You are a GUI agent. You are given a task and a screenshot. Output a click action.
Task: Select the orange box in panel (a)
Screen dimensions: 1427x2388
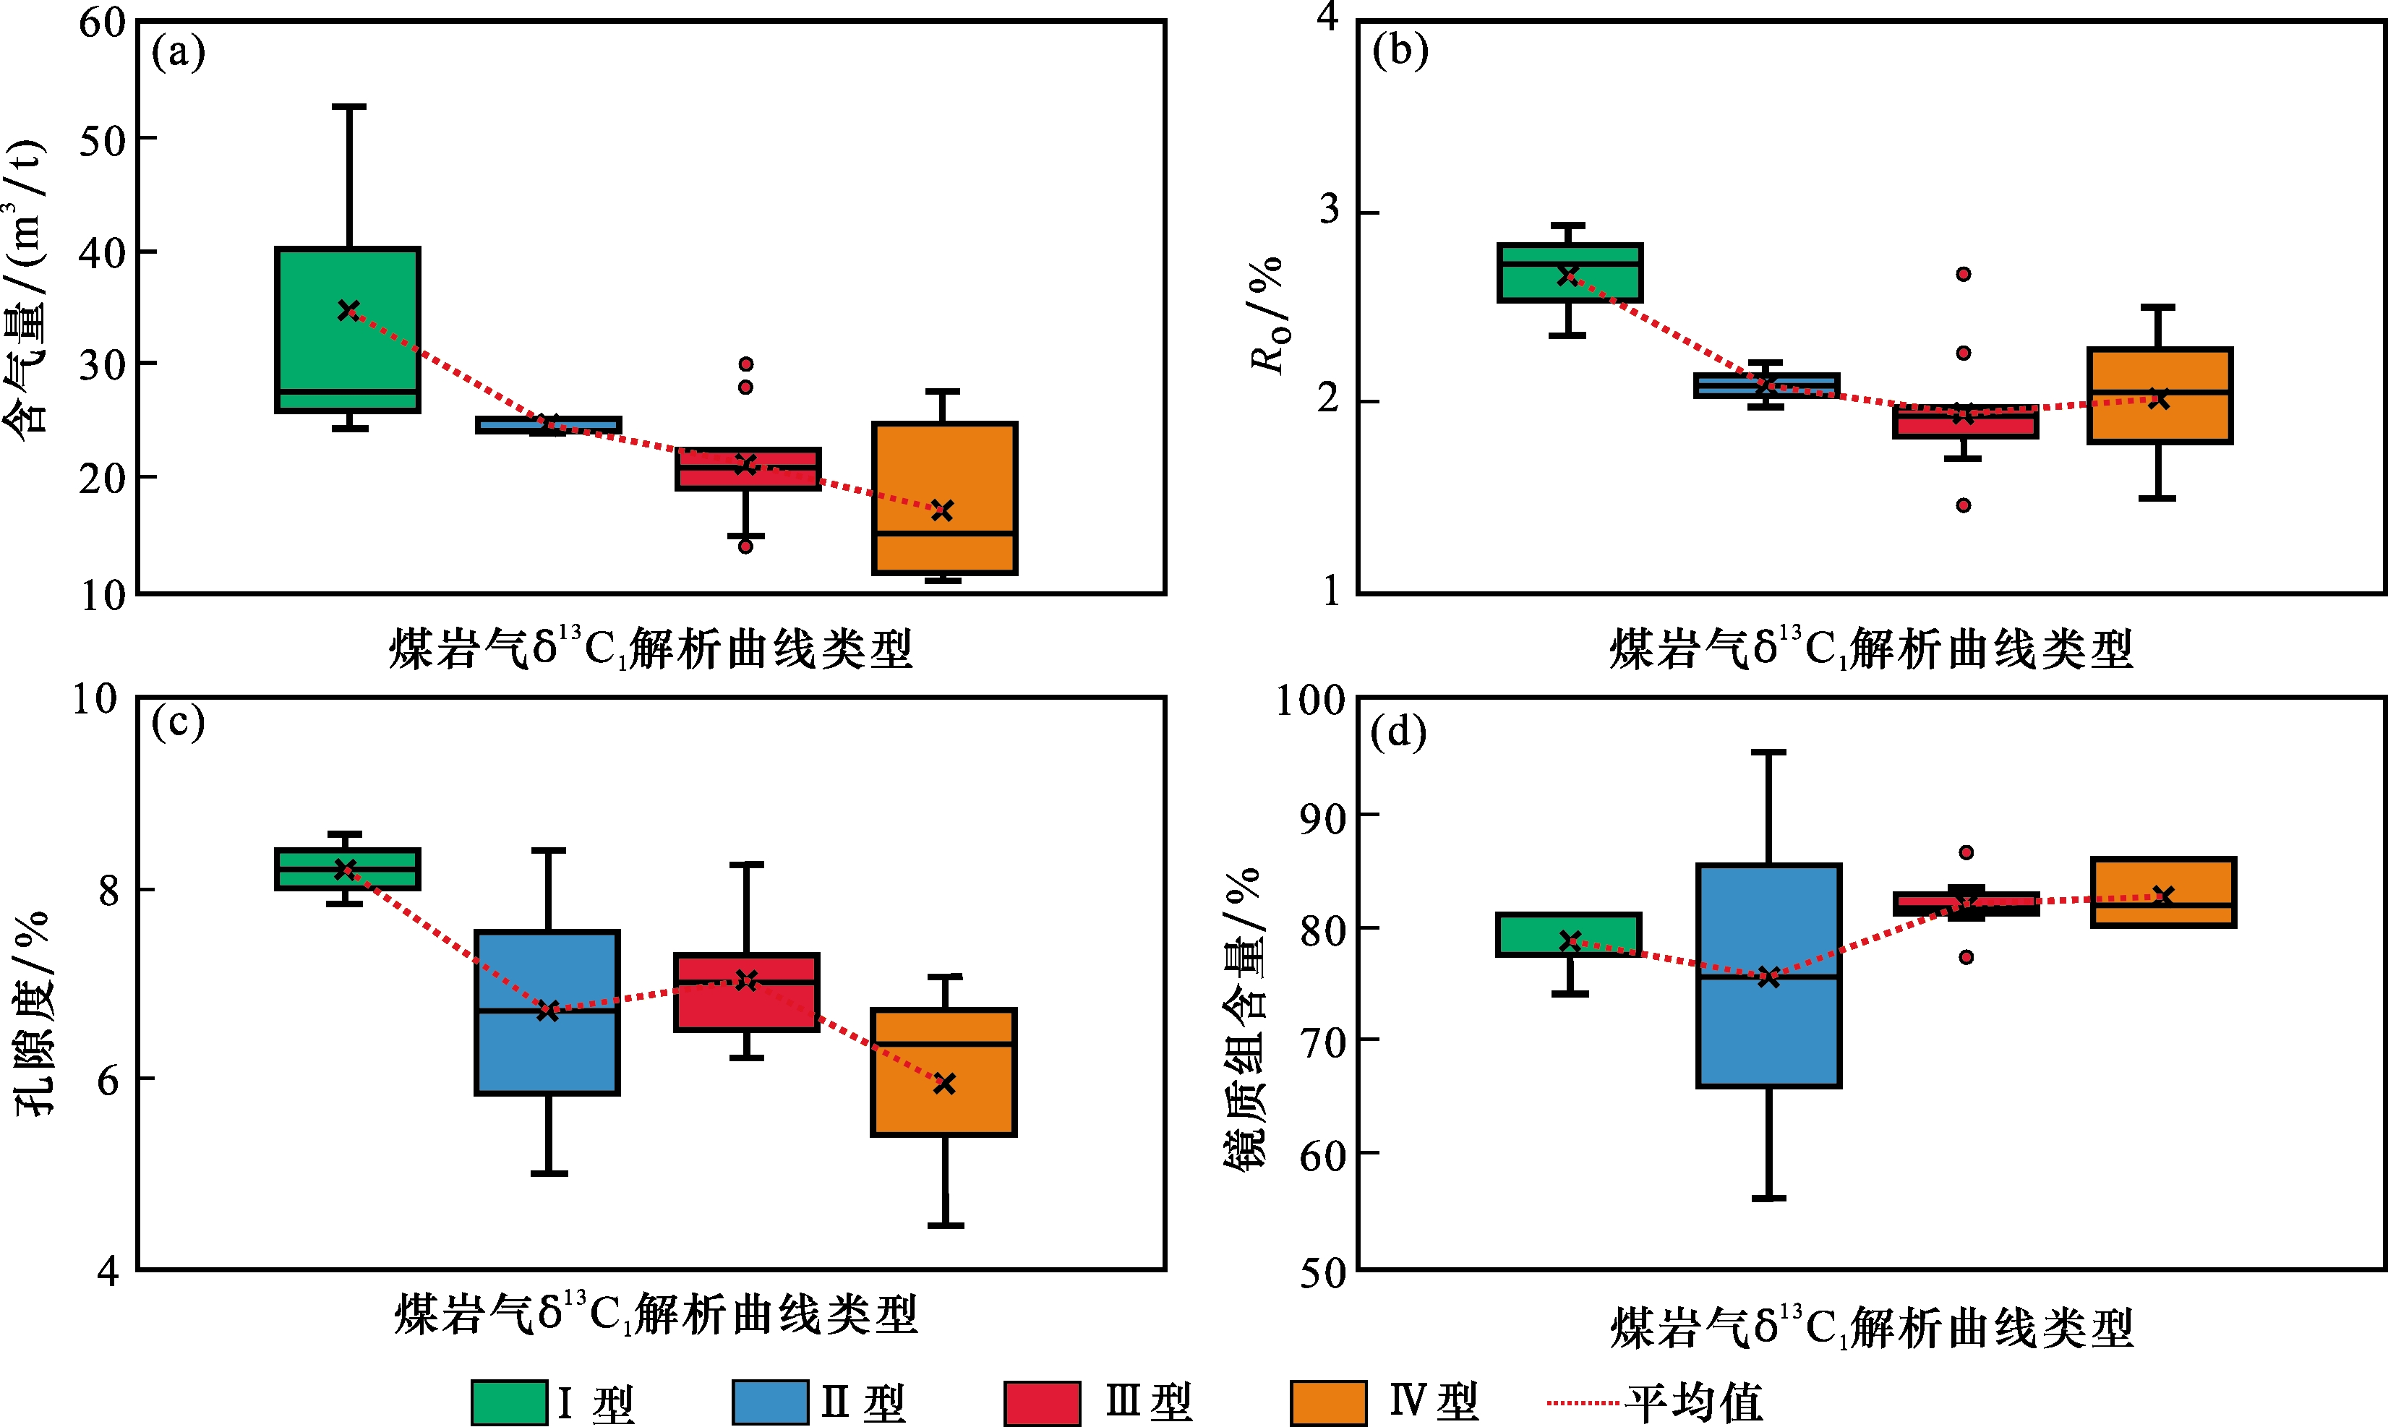pos(944,498)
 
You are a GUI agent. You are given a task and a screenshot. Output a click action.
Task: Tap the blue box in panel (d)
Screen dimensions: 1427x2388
pos(1768,976)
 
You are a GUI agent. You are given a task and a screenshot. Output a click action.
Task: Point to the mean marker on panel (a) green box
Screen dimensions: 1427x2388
pos(348,309)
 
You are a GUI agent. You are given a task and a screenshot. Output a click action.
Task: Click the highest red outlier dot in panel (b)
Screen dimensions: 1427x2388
pos(1964,274)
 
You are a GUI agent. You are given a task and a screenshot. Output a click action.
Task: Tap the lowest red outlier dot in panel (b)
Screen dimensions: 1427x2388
pos(1964,505)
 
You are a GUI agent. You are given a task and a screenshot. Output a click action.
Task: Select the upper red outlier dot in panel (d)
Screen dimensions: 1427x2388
pos(1967,852)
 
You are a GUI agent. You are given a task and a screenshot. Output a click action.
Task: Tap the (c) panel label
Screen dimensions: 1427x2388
pos(178,723)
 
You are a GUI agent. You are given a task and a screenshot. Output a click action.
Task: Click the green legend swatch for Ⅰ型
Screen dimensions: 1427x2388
pos(509,1402)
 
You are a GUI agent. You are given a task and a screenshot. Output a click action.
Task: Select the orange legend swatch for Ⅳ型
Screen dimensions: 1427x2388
pos(1327,1402)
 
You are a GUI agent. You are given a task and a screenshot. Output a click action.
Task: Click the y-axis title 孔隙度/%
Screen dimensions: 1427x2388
pos(34,1011)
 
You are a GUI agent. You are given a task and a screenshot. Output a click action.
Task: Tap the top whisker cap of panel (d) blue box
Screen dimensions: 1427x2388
pos(1768,752)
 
